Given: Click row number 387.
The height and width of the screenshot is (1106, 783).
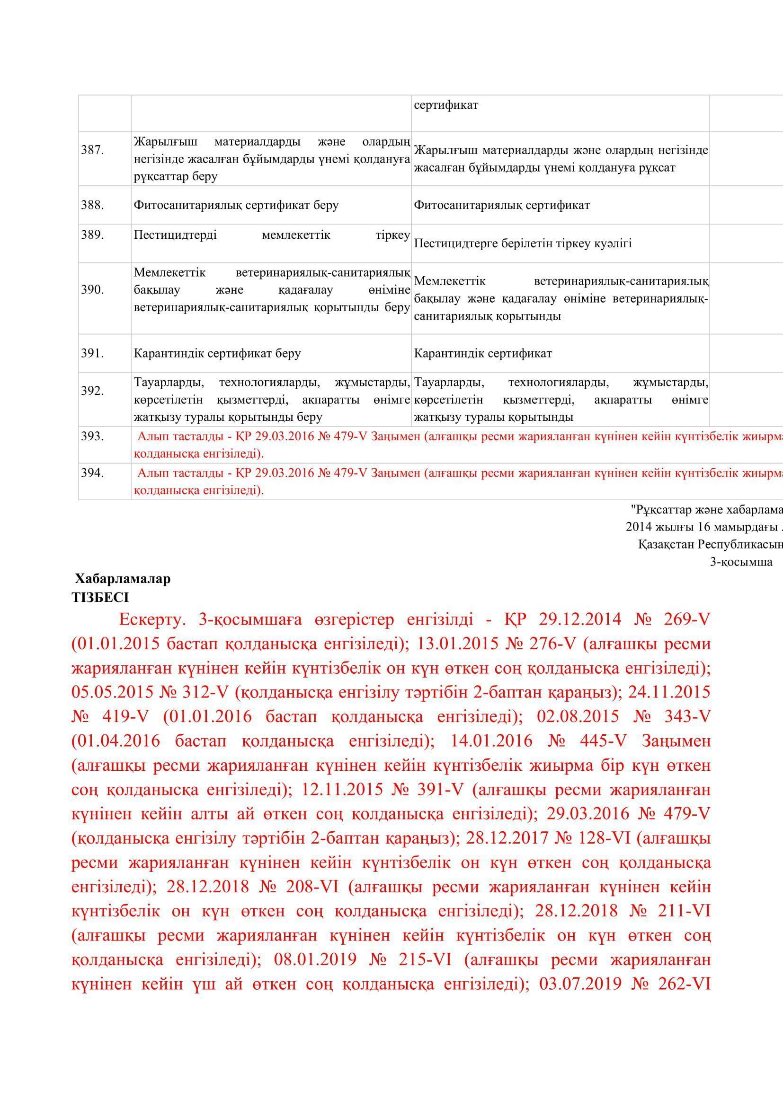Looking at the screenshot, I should coord(92,150).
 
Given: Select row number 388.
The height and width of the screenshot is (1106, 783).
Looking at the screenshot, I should coord(92,205).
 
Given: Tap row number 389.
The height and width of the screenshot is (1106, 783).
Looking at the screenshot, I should coord(92,235).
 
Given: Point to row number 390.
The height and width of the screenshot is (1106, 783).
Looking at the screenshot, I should coord(92,289).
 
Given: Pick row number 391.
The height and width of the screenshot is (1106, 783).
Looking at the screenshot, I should coord(92,353).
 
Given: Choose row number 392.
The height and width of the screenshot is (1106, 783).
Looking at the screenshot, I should coord(92,391).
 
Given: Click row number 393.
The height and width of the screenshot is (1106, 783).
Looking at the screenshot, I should coord(92,436).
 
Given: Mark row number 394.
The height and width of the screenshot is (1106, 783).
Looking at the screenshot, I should coord(92,472).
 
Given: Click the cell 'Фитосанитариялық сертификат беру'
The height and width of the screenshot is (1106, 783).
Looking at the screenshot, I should coord(236,205).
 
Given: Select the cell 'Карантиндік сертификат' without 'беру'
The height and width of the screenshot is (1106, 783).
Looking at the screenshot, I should coord(482,353).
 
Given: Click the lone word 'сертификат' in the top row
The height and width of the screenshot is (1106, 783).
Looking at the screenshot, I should coord(446,105).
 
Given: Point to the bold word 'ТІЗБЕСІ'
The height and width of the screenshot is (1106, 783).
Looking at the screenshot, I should coord(100,597).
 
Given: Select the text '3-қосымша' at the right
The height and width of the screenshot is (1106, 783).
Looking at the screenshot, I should coord(741,562).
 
